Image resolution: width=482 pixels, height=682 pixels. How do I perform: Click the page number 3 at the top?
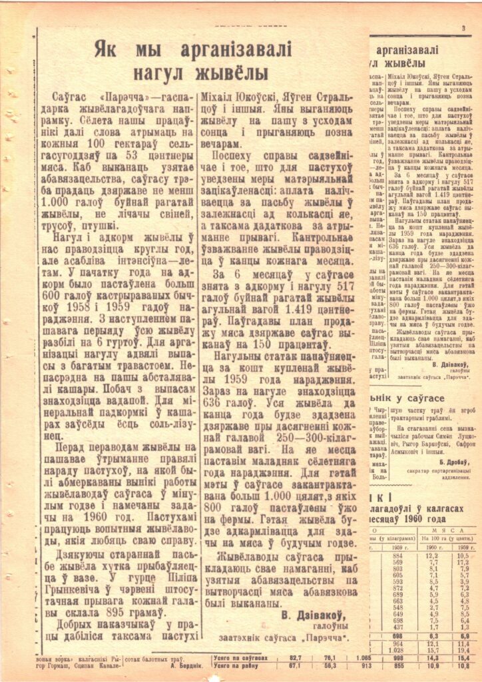click(x=463, y=27)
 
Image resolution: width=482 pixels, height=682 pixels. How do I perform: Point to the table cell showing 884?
click(x=397, y=536)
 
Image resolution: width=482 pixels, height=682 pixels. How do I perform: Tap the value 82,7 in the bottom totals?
click(x=295, y=657)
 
